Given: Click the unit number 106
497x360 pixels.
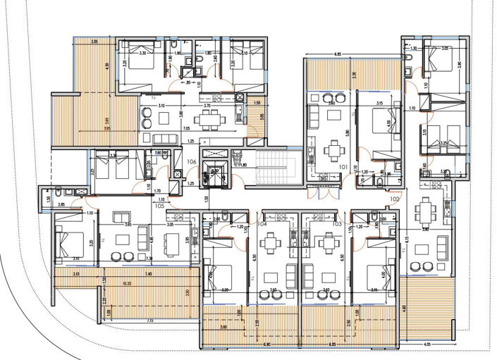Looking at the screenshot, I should coord(191,162).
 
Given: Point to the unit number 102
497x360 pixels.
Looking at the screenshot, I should coord(394,199).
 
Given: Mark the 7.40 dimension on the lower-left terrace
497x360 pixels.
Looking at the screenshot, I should coord(149,273).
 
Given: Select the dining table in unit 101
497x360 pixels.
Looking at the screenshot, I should coord(331,150).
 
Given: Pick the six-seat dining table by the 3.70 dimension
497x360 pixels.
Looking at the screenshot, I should coord(209,120).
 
